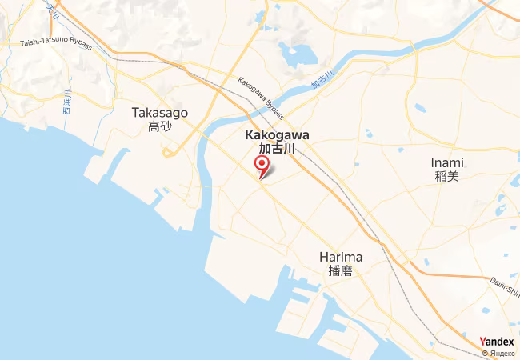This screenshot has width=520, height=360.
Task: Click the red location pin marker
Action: click(x=262, y=166)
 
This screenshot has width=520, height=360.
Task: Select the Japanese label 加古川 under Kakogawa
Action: click(x=276, y=149)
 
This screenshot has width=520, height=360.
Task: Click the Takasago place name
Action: click(x=159, y=114)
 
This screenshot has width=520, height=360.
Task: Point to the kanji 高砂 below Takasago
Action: click(x=159, y=127)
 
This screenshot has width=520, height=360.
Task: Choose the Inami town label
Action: click(x=447, y=162)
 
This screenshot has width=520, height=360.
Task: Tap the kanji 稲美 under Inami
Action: click(x=447, y=176)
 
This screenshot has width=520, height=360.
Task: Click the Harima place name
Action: click(x=341, y=257)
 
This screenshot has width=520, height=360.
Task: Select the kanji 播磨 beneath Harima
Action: click(x=341, y=270)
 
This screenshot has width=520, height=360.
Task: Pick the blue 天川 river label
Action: click(x=54, y=9)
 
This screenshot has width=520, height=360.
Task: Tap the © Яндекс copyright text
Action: click(x=497, y=353)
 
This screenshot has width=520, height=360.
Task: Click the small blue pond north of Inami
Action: click(x=420, y=108)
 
